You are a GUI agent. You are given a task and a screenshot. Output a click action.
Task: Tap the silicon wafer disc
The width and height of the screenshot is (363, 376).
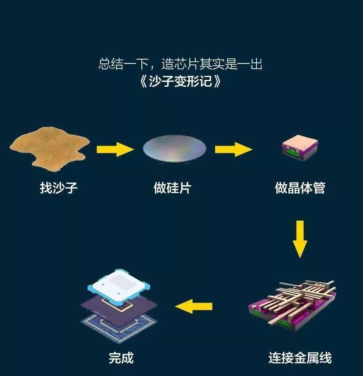174,148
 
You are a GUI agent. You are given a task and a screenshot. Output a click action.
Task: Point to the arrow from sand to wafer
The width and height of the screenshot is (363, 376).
115,149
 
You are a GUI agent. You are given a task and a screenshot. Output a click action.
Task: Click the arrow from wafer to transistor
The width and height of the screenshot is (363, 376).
233,149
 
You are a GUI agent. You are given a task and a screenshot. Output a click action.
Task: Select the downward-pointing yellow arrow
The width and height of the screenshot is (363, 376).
300,239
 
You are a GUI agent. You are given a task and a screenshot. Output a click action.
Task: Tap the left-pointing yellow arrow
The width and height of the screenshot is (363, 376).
194,306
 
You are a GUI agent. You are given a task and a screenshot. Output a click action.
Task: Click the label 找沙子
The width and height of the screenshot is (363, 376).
59,188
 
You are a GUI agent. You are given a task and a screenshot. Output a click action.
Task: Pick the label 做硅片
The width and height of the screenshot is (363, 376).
173,188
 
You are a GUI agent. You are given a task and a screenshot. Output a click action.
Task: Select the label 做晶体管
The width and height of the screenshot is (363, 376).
300,188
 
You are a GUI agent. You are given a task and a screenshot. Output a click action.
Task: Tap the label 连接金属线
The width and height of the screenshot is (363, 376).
300,358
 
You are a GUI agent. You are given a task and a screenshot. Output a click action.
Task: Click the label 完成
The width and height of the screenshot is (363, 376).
121,358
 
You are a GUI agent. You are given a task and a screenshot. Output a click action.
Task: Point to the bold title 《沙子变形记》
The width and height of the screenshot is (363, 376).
180,81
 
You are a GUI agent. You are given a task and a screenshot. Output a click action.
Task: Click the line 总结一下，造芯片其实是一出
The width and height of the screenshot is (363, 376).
180,64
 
